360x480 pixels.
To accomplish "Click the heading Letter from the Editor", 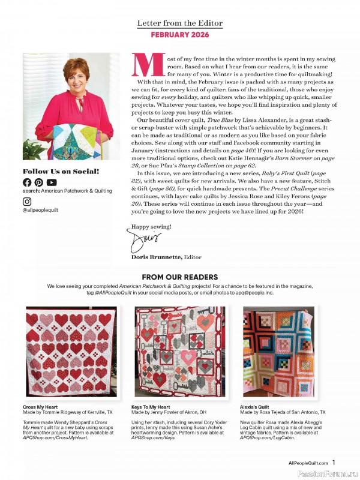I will tap(179, 23).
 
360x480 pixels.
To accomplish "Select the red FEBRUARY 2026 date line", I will tap(179, 35).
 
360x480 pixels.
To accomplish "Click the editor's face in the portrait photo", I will tap(75, 73).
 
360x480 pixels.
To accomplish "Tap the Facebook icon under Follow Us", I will tap(27, 182).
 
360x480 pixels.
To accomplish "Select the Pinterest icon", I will tap(39, 182).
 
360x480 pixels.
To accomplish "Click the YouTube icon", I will tap(52, 182).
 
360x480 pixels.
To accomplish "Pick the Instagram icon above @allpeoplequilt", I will tap(27, 202).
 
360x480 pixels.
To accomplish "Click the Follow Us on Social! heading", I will tap(61, 171).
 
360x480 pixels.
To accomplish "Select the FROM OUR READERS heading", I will tap(179, 277).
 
